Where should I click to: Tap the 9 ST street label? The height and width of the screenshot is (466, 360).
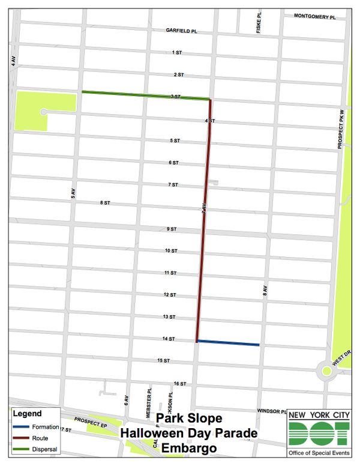point(172,229)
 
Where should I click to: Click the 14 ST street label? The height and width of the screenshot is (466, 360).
point(168,339)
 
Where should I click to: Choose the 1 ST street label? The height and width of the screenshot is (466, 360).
point(176,53)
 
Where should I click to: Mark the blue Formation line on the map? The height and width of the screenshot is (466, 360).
point(228,343)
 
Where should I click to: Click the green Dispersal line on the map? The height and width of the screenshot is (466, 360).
point(144,95)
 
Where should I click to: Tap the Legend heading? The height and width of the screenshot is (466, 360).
point(28,414)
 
